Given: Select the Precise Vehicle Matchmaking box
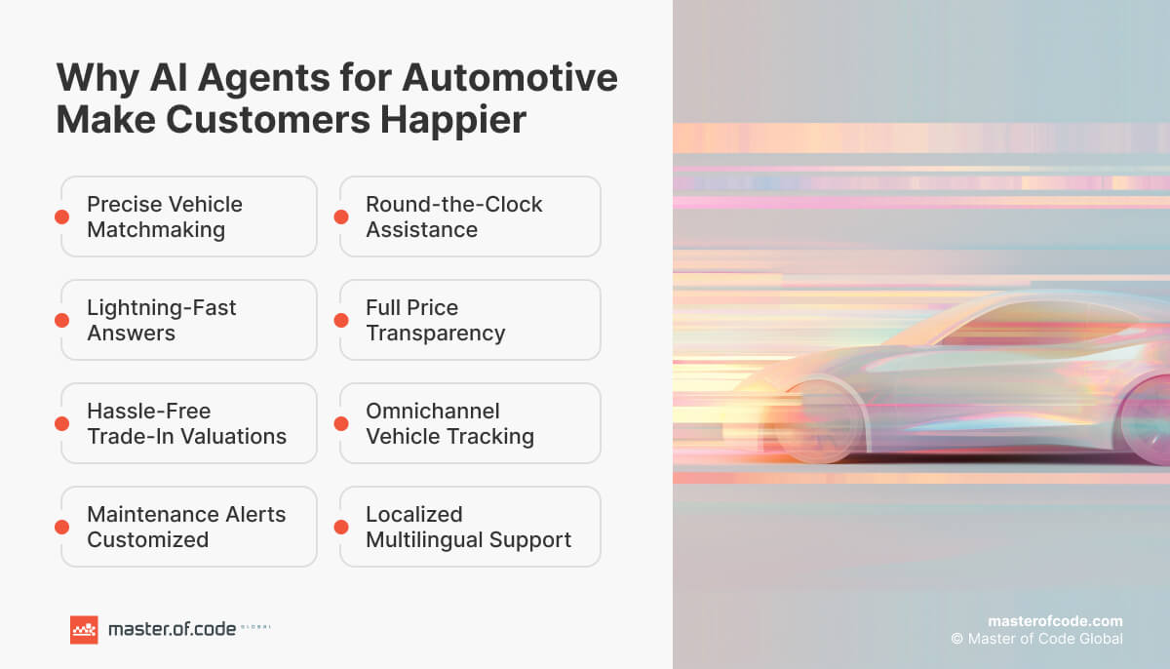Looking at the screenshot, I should click(x=189, y=216).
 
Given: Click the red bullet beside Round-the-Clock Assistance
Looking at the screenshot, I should click(x=341, y=216).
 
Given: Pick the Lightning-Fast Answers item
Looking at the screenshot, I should click(x=189, y=320).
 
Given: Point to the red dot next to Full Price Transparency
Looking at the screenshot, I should click(x=341, y=320).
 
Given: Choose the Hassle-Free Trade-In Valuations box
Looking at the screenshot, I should click(x=189, y=423).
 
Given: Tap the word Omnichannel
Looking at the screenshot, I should click(x=432, y=411).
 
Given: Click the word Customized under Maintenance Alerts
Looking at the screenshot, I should click(x=148, y=539).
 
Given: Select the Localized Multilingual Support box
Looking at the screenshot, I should click(x=470, y=527).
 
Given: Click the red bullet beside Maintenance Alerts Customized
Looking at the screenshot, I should click(x=62, y=527).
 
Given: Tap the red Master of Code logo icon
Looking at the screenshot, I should click(x=84, y=630).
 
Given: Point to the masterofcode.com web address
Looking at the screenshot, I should click(x=1055, y=620).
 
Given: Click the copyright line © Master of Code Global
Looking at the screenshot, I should click(x=1037, y=639).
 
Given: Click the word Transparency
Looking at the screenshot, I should click(x=436, y=333).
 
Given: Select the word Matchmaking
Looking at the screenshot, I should click(x=156, y=229).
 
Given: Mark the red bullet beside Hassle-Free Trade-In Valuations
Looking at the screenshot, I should click(x=62, y=423).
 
